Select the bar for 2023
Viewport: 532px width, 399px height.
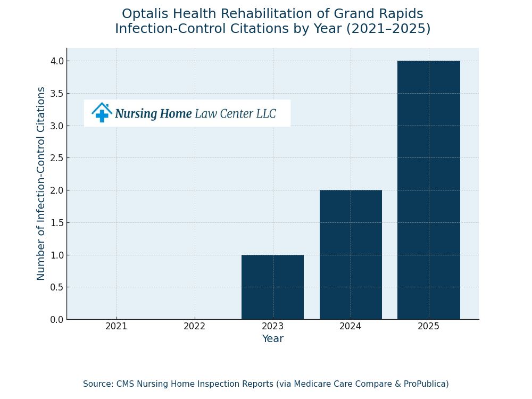tap(272, 287)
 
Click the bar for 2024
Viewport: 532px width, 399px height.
tap(351, 255)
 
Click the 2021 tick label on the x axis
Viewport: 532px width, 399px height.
tap(117, 327)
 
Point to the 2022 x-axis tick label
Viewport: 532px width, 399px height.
tap(195, 327)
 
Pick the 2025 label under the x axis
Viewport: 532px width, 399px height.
tap(429, 327)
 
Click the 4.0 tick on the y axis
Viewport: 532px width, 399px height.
tap(57, 61)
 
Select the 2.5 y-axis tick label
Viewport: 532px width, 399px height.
tap(57, 158)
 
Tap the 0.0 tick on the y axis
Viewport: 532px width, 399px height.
tap(57, 320)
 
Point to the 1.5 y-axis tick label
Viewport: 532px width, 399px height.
tap(57, 223)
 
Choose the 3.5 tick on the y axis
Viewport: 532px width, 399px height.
tap(57, 94)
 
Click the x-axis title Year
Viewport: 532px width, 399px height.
tap(272, 339)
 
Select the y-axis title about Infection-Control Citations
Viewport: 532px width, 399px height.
tap(41, 184)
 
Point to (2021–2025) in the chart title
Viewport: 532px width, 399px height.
tap(388, 29)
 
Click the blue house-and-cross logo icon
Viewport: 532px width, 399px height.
tap(102, 113)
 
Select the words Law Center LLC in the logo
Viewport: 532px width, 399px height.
tap(235, 114)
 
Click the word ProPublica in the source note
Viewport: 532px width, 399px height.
tap(423, 384)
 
